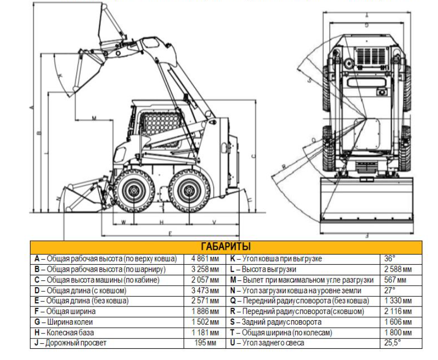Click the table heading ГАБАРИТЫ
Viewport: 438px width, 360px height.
226,247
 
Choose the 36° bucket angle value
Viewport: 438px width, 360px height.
390,259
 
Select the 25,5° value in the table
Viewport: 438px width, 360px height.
392,343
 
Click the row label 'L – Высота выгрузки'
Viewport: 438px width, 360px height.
263,269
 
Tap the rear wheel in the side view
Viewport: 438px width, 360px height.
188,192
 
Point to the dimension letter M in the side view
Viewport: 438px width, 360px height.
94,118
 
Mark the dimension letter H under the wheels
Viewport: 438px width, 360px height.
161,222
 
